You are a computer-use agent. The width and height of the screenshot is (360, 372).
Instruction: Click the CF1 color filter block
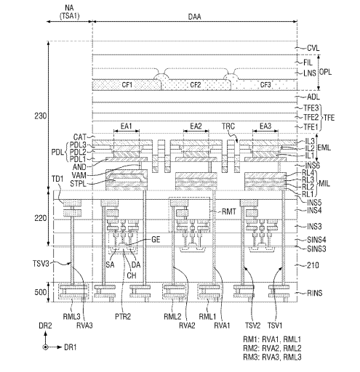pyautogui.click(x=127, y=85)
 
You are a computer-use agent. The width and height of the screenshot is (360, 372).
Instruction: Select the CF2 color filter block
pyautogui.click(x=196, y=85)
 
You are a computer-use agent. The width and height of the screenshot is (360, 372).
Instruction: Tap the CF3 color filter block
pyautogui.click(x=264, y=85)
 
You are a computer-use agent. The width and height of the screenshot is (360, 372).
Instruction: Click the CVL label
pyautogui.click(x=313, y=48)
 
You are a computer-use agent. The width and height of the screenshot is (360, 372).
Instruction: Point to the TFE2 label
pyautogui.click(x=311, y=118)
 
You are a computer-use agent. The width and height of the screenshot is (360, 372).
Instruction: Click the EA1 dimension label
pyautogui.click(x=127, y=126)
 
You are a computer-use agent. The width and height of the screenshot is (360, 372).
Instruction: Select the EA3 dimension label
pyautogui.click(x=265, y=126)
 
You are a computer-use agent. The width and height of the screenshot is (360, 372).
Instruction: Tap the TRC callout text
pyautogui.click(x=228, y=126)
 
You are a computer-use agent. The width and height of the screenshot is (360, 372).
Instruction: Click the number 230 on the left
pyautogui.click(x=40, y=116)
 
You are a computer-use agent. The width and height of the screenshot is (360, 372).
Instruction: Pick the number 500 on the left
pyautogui.click(x=40, y=292)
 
